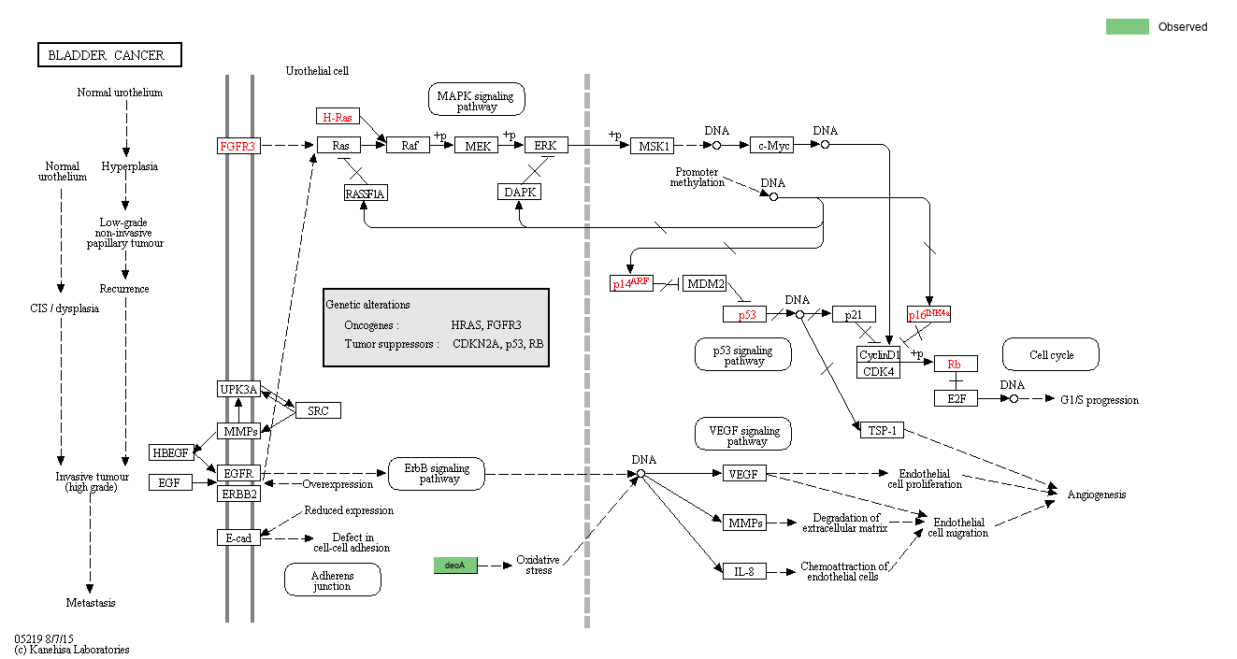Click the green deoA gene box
(x=455, y=565)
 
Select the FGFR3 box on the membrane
(x=237, y=146)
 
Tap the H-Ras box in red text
(x=338, y=117)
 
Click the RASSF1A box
(x=365, y=193)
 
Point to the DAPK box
(x=521, y=192)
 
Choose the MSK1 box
(x=652, y=146)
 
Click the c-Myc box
(x=771, y=146)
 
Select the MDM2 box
(x=704, y=283)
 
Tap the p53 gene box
(x=746, y=315)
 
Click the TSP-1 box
(x=880, y=429)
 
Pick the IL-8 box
(x=744, y=569)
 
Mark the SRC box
(x=318, y=410)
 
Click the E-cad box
(x=238, y=537)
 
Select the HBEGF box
(x=171, y=453)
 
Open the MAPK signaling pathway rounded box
(x=477, y=99)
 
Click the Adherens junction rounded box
(x=332, y=580)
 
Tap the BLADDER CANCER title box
(x=109, y=55)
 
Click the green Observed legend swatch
(x=1127, y=27)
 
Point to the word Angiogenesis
(x=1097, y=494)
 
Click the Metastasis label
(x=91, y=603)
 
